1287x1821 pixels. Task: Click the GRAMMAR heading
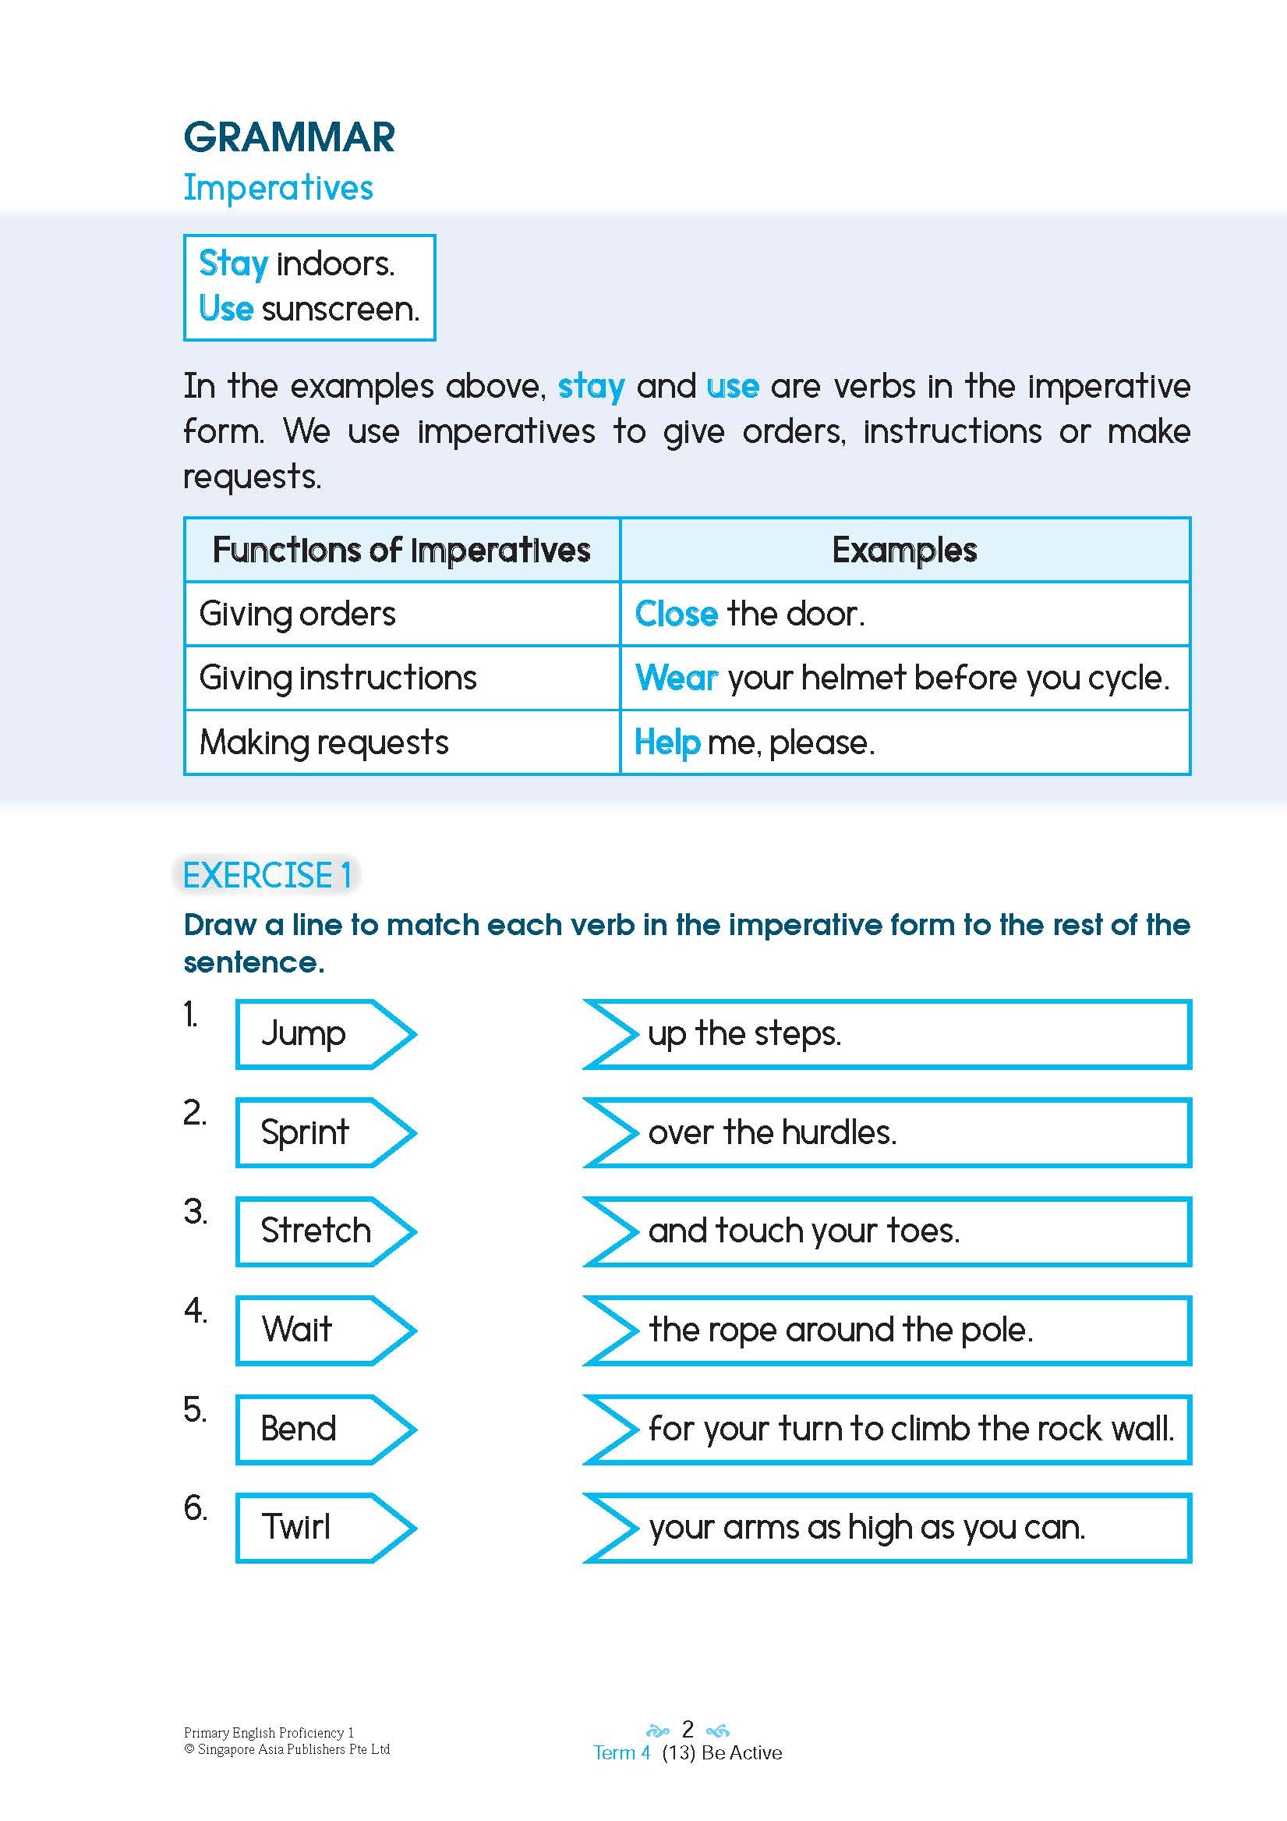click(288, 138)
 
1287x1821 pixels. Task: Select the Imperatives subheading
click(278, 188)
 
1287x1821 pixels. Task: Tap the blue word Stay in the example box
click(233, 264)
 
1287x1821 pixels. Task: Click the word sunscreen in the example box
click(340, 309)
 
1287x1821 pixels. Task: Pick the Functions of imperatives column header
click(401, 550)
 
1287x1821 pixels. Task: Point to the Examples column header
click(904, 550)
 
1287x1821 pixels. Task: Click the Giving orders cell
click(297, 614)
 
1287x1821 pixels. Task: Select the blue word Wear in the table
click(677, 678)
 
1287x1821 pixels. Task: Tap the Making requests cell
click(324, 742)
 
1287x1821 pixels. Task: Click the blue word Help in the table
click(667, 742)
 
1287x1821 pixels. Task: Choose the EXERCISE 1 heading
click(267, 876)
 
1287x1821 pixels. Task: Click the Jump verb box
click(317, 1033)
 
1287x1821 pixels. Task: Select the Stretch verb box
click(317, 1231)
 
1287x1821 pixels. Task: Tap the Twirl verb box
click(317, 1527)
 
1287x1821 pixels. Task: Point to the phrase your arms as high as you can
click(867, 1527)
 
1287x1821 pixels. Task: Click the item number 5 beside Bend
click(194, 1410)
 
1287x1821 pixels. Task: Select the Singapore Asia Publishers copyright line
click(287, 1748)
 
